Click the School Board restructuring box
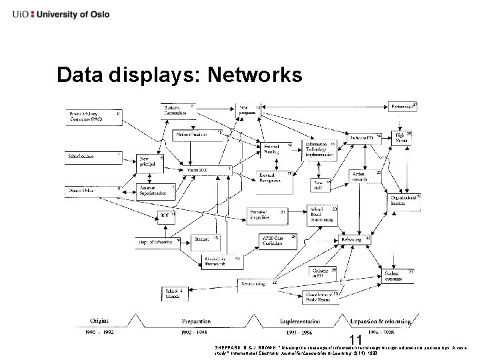coord(324,213)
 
